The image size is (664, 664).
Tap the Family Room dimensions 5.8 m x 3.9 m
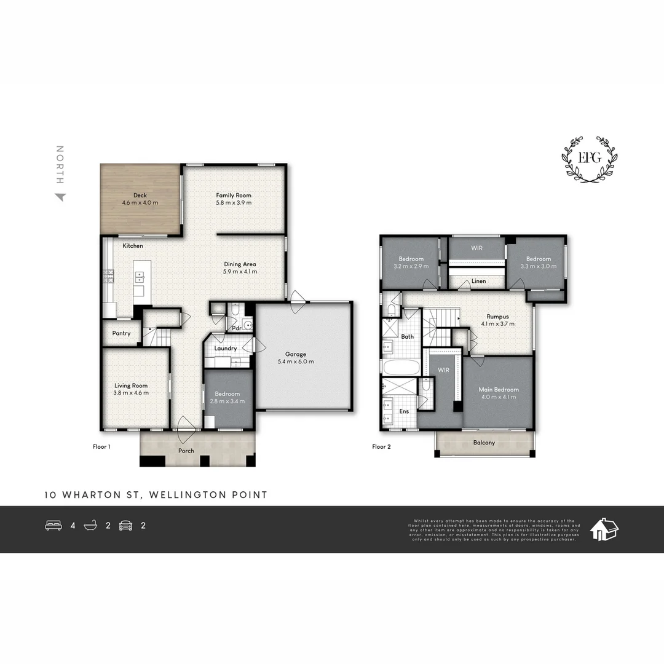tap(234, 203)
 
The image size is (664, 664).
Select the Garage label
tap(296, 354)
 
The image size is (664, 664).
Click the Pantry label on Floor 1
tap(121, 334)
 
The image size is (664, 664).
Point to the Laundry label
tap(226, 349)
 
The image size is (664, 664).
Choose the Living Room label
tap(131, 385)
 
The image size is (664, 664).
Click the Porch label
tap(186, 451)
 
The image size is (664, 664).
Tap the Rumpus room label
tap(497, 317)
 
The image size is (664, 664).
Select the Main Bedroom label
tap(499, 390)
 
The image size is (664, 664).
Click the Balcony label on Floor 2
tap(484, 443)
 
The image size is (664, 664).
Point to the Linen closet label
tap(478, 281)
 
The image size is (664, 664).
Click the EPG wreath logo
tap(590, 159)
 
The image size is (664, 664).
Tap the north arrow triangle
tap(60, 197)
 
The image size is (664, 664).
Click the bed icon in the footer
tap(53, 526)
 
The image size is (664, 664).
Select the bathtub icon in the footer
tap(91, 526)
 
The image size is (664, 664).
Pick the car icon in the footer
tap(125, 526)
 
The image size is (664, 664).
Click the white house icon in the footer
tap(604, 528)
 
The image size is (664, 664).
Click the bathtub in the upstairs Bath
tap(400, 368)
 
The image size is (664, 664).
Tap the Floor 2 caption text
tap(381, 447)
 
